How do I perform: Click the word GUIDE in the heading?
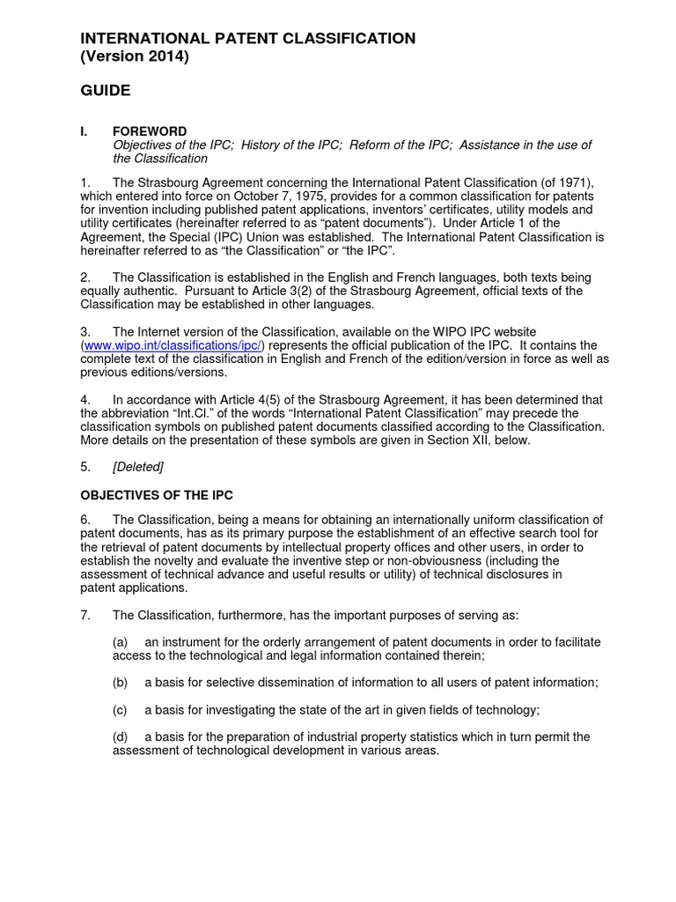coord(106,91)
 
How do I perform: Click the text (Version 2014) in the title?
coord(135,57)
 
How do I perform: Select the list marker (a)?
coord(121,642)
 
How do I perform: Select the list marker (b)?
coord(121,683)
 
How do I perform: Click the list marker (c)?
coord(121,710)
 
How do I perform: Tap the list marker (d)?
coord(121,736)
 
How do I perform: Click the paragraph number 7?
coord(85,615)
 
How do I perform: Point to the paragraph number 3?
coord(85,331)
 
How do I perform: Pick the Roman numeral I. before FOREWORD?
coord(84,131)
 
